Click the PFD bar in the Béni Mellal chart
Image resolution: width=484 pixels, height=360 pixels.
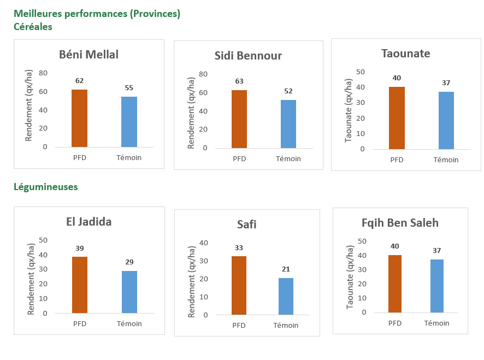(x=80, y=118)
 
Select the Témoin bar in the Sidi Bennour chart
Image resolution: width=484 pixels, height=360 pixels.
(x=288, y=124)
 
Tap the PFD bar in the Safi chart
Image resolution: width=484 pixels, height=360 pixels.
(x=239, y=286)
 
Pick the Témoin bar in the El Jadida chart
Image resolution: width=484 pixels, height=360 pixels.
(x=129, y=292)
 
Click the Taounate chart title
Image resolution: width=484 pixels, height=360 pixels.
(x=405, y=54)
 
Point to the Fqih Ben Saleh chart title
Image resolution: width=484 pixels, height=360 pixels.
(x=400, y=223)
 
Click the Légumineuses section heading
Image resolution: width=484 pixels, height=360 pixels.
(x=46, y=187)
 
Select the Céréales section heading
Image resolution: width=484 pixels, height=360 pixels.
(x=33, y=26)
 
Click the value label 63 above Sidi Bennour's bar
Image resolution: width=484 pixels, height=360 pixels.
(x=239, y=81)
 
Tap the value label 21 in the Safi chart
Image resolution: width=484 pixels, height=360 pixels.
(x=286, y=269)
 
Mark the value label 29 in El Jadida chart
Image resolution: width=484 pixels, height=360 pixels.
(x=129, y=262)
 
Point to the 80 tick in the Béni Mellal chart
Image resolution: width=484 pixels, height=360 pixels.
(x=43, y=73)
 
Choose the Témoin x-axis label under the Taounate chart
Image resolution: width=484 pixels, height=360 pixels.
(x=446, y=160)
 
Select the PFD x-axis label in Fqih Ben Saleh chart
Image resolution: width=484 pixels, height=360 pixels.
(x=395, y=323)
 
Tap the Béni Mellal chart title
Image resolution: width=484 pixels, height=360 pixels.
(x=88, y=55)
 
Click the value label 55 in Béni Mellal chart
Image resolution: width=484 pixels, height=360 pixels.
(x=129, y=87)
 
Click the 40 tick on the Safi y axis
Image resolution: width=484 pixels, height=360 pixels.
(x=204, y=243)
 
